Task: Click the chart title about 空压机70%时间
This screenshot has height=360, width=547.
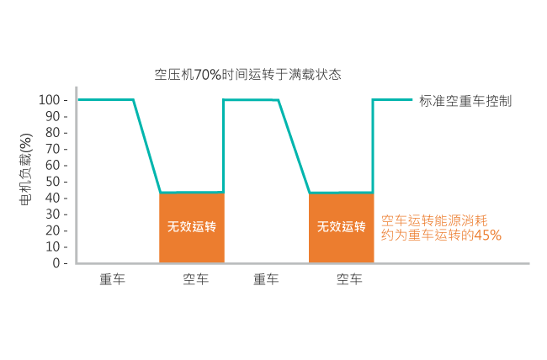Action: click(247, 75)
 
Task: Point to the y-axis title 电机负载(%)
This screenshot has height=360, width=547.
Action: click(26, 169)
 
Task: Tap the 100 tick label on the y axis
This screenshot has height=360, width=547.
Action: click(49, 100)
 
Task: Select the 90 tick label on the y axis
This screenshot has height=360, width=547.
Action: click(53, 117)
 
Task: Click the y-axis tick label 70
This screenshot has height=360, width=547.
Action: click(53, 149)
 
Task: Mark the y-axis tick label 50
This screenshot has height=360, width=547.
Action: click(53, 182)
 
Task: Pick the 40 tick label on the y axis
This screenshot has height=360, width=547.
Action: click(53, 199)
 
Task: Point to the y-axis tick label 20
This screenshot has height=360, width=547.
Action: click(53, 230)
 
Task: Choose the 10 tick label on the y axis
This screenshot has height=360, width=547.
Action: click(53, 247)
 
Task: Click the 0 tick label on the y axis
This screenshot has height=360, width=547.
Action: click(56, 263)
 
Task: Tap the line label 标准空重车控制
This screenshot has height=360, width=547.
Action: click(465, 101)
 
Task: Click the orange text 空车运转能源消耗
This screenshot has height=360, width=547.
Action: click(434, 220)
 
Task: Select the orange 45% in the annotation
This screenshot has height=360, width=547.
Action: click(488, 236)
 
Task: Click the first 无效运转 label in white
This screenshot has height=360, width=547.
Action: click(192, 227)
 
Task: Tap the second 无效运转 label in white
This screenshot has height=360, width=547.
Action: click(341, 227)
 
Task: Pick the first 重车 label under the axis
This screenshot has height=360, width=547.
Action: click(112, 279)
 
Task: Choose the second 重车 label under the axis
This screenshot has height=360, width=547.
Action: click(266, 279)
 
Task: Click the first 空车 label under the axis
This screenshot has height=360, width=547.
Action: click(196, 279)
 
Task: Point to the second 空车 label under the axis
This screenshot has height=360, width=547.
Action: click(349, 279)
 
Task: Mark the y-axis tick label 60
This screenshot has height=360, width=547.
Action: click(53, 166)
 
